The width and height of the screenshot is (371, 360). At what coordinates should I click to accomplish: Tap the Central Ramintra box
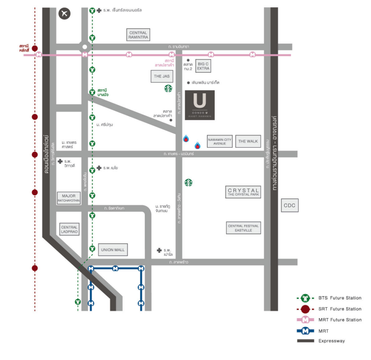click(x=139, y=35)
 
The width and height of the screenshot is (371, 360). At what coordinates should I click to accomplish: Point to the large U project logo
click(x=200, y=105)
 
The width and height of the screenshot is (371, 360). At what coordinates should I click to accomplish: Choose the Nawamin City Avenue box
click(x=219, y=141)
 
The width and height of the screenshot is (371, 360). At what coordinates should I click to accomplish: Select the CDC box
click(x=289, y=206)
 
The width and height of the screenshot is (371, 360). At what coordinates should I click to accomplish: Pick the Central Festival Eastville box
click(x=243, y=228)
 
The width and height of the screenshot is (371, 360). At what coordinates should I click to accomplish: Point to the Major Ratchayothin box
click(x=69, y=198)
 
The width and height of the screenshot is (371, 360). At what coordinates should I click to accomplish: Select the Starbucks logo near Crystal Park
click(x=189, y=182)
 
